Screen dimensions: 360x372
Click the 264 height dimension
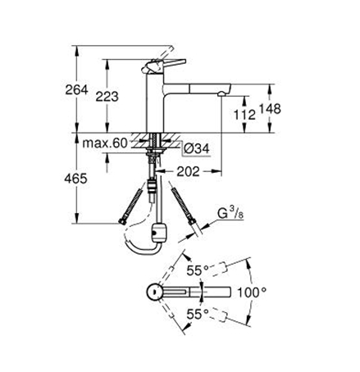coord(76,89)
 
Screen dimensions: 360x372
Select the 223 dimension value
coord(107,97)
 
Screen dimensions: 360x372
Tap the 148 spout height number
coord(270,109)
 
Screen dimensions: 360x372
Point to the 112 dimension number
coord(244,115)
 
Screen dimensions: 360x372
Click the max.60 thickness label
coord(105,143)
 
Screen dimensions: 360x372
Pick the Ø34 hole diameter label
coord(197,148)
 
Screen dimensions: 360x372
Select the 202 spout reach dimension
coord(188,171)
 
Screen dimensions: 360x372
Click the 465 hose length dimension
coord(75,179)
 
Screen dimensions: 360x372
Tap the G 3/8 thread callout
coord(230,213)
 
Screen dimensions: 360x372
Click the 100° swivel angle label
coord(252,293)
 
